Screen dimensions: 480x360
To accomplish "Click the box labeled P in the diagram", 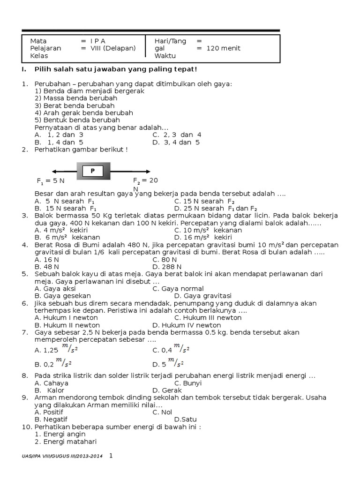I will [93, 171].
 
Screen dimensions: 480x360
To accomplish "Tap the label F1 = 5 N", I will [51, 180].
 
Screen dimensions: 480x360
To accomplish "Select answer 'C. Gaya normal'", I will [178, 289].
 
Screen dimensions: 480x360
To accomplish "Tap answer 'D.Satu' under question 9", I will [185, 419].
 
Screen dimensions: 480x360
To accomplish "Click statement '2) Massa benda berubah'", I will [76, 98].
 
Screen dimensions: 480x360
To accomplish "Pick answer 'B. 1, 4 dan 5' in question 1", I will [59, 142].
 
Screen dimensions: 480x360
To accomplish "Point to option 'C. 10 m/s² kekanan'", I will [208, 230].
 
